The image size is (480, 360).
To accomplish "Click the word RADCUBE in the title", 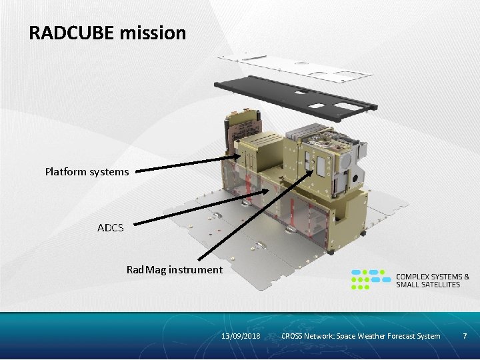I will [72, 33].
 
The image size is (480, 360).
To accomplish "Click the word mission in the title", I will [153, 33].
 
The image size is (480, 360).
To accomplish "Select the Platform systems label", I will [87, 171].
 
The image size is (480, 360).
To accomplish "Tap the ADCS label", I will [110, 227].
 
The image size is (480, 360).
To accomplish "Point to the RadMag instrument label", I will [174, 269].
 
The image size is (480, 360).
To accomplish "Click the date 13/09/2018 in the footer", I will [241, 335].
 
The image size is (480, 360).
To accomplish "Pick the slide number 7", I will [465, 335].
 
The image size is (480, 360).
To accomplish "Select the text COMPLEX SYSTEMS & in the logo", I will [433, 276].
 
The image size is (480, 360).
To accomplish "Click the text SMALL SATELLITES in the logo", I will [428, 285].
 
